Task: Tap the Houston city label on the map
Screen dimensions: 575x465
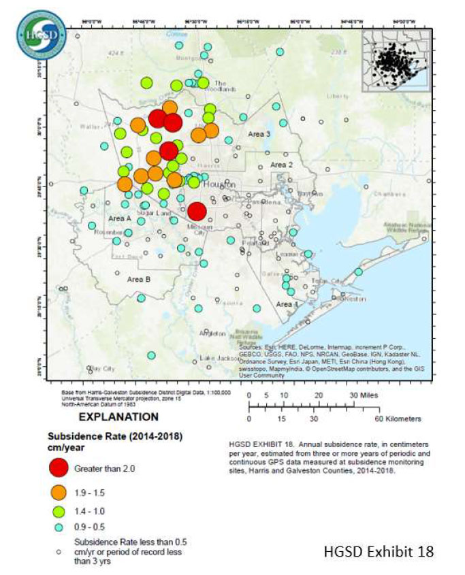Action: [x=219, y=184]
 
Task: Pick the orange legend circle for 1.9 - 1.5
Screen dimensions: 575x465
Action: [x=61, y=492]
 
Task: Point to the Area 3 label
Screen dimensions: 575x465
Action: [x=259, y=134]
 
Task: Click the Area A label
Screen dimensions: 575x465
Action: [x=119, y=218]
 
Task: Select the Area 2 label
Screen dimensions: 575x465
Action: [x=281, y=165]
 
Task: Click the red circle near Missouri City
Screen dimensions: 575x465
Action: [x=196, y=212]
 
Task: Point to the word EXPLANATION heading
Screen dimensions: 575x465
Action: [x=119, y=416]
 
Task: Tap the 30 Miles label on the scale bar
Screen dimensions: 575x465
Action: [x=364, y=395]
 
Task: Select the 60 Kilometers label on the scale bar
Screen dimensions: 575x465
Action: [x=398, y=418]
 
